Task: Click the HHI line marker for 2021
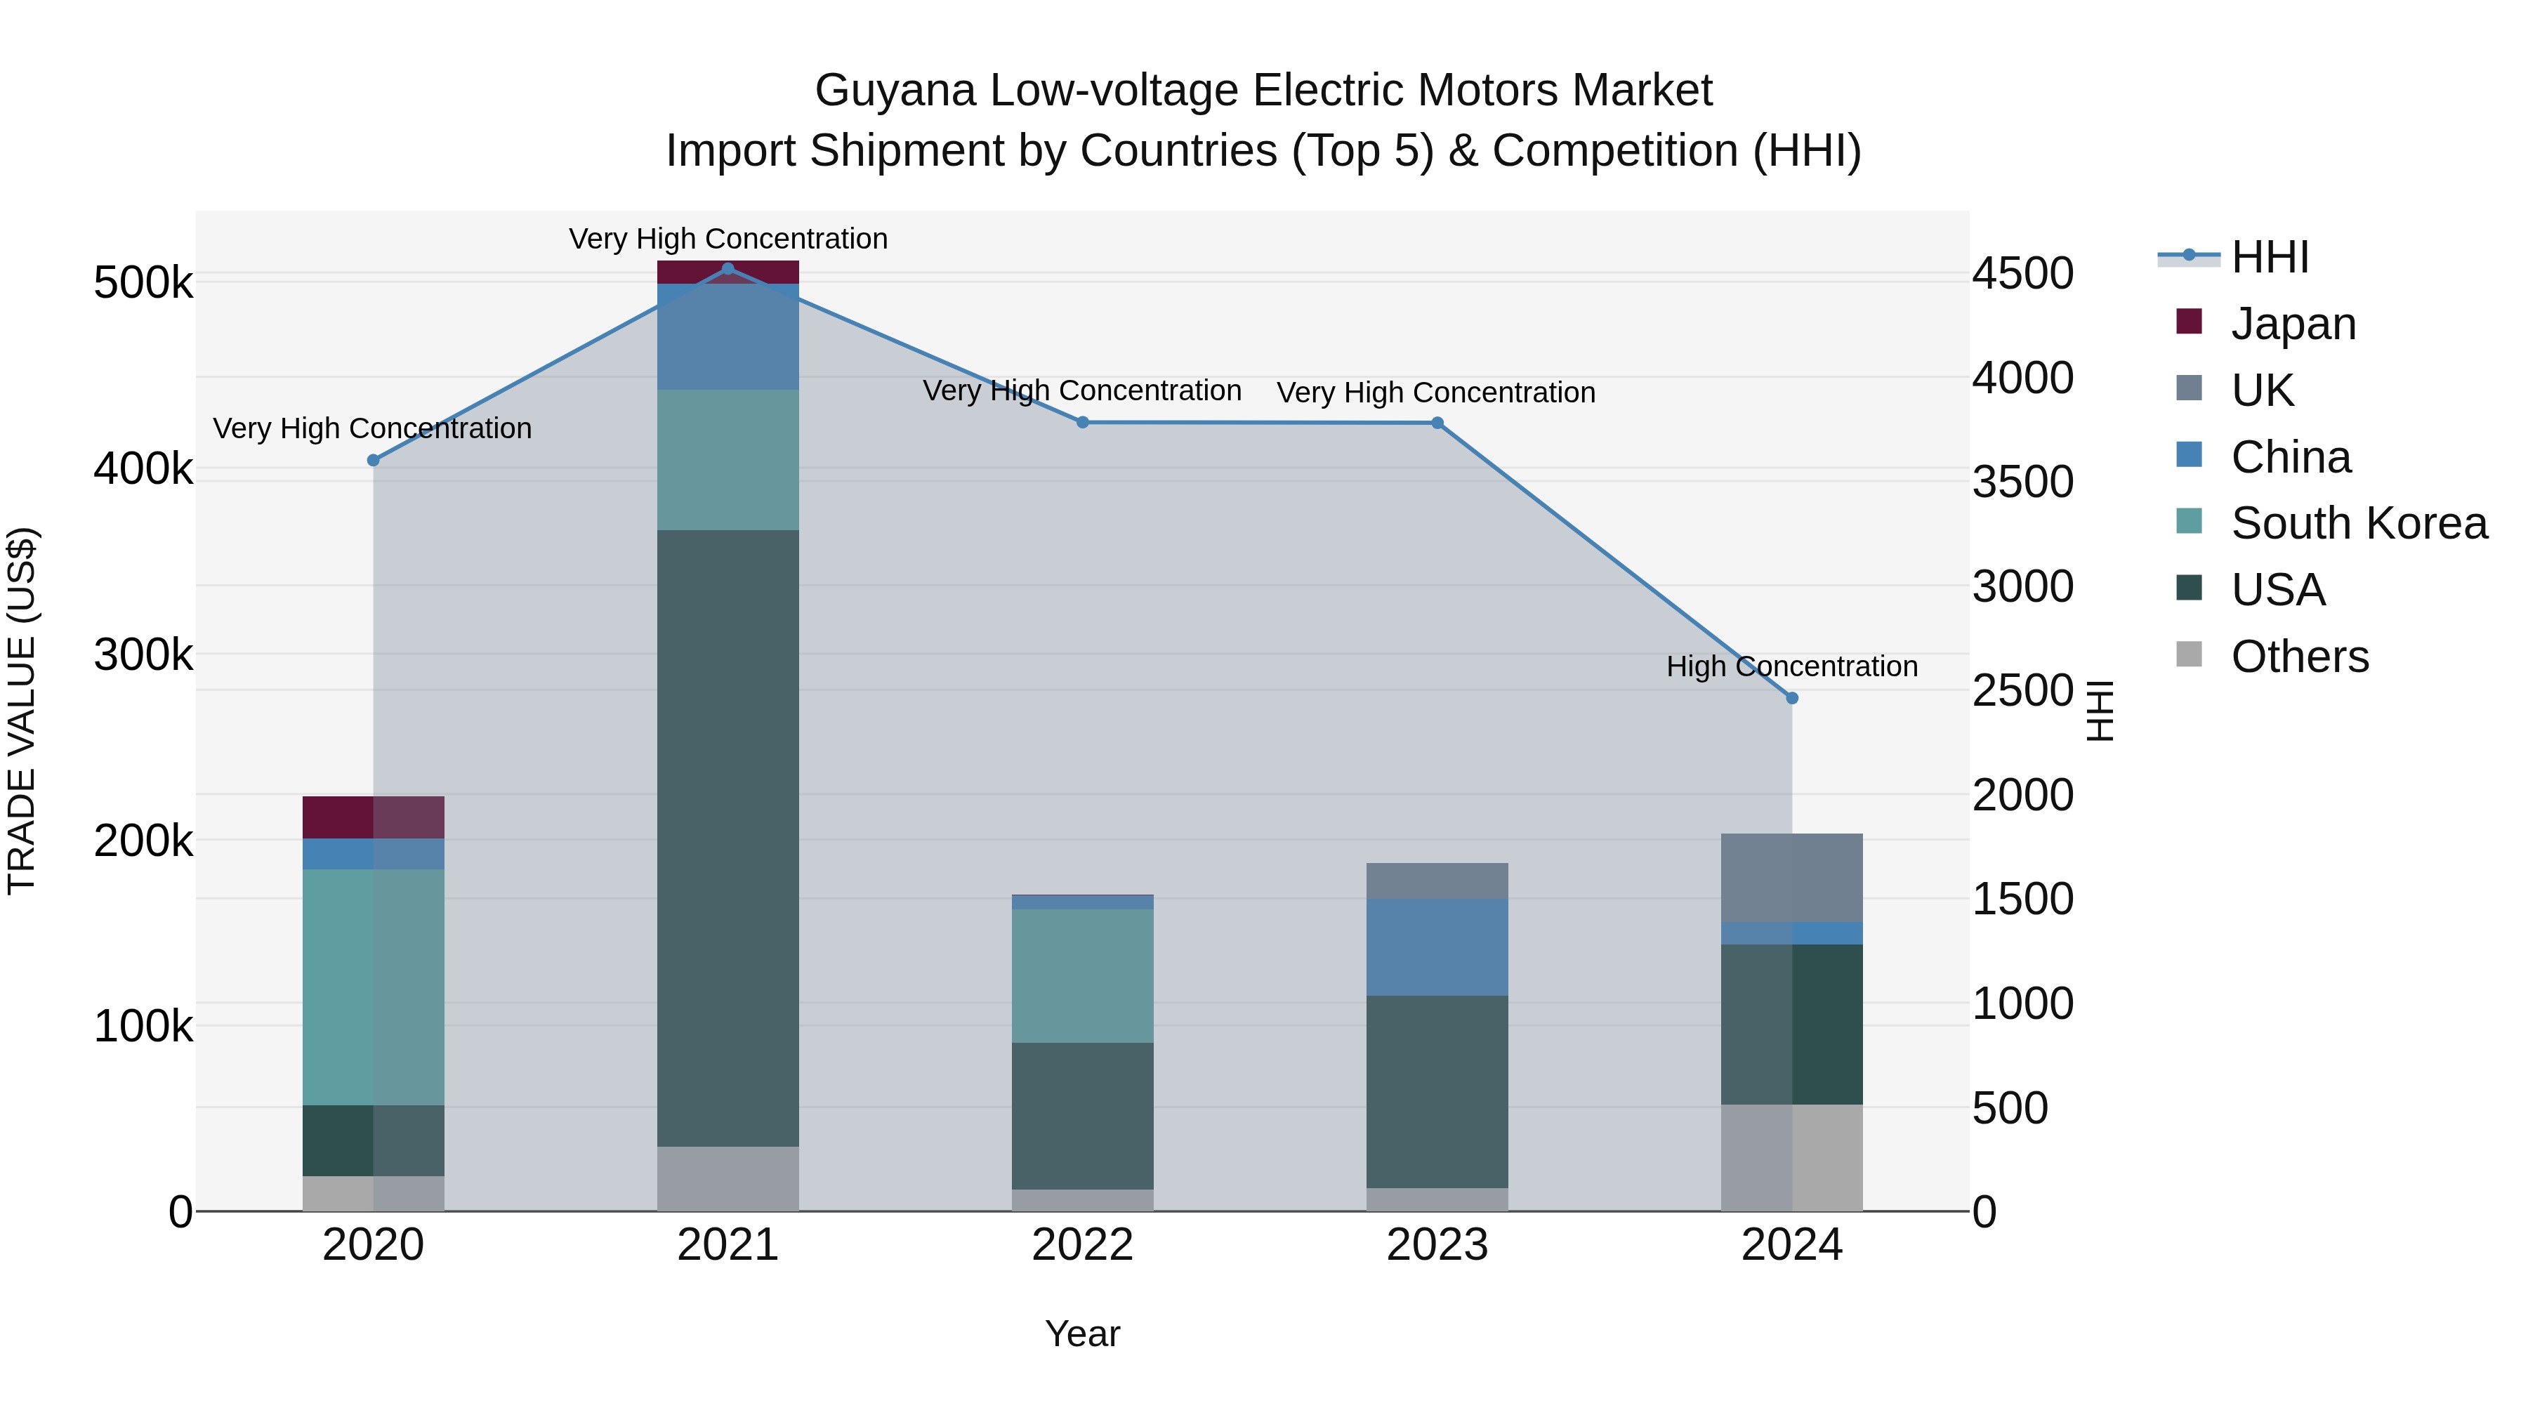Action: pyautogui.click(x=728, y=269)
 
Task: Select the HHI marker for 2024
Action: pyautogui.click(x=1792, y=698)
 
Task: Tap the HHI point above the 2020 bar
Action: pyautogui.click(x=373, y=460)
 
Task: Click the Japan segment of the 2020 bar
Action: pyautogui.click(x=373, y=817)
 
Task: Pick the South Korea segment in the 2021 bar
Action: pyautogui.click(x=728, y=459)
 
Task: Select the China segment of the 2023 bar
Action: pyautogui.click(x=1437, y=947)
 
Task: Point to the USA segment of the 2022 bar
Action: pyautogui.click(x=1082, y=1116)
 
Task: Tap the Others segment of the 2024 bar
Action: pyautogui.click(x=1792, y=1157)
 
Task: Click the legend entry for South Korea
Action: pyautogui.click(x=2358, y=523)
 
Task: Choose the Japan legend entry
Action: pyautogui.click(x=2293, y=324)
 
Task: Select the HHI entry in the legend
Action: pyautogui.click(x=2269, y=257)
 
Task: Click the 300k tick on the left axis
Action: pyautogui.click(x=143, y=654)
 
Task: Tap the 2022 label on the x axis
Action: pyautogui.click(x=1082, y=1245)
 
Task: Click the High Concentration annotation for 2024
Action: pyautogui.click(x=1792, y=666)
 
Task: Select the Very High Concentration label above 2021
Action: pyautogui.click(x=728, y=239)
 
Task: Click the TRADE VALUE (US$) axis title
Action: pyautogui.click(x=22, y=711)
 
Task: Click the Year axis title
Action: pyautogui.click(x=1082, y=1334)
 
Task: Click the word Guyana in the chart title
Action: pyautogui.click(x=895, y=91)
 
